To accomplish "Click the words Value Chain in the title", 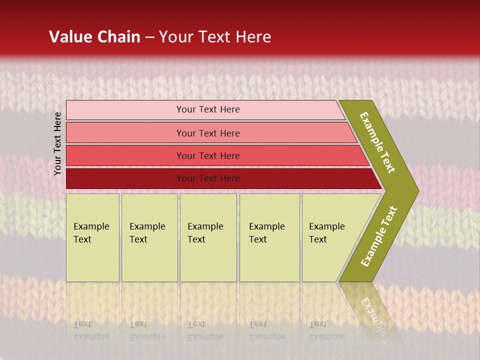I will [94, 37].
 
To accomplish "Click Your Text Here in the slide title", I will [215, 37].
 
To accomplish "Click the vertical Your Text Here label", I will [57, 143].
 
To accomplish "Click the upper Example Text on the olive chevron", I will [378, 142].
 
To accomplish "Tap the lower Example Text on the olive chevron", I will [379, 236].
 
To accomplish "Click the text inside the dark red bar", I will [208, 178].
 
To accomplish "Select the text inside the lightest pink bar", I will [208, 109].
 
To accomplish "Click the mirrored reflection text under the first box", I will [91, 330].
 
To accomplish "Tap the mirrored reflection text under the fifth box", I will [326, 330].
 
